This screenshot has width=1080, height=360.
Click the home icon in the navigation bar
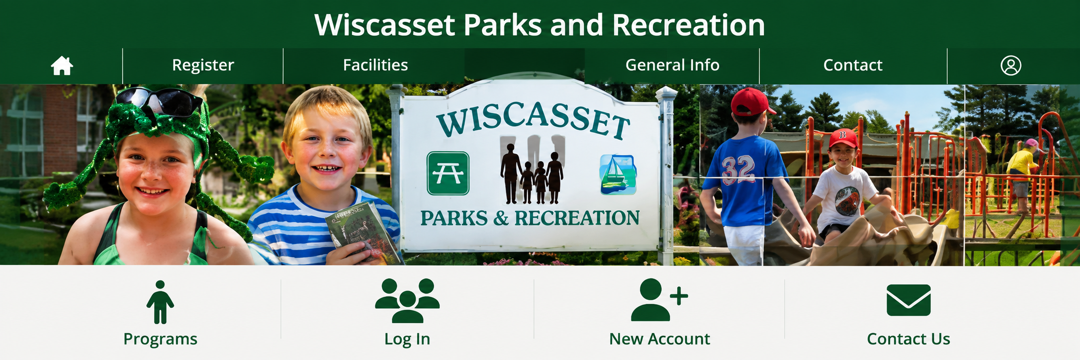[62, 65]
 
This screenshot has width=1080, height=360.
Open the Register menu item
[203, 65]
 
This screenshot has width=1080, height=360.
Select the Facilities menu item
[375, 65]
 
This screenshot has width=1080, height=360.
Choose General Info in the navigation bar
[672, 65]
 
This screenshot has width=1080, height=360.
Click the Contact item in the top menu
[853, 65]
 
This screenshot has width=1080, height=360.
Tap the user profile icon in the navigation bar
[1011, 65]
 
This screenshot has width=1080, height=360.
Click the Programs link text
[160, 339]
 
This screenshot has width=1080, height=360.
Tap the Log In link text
[407, 339]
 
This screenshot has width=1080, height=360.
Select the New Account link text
[659, 339]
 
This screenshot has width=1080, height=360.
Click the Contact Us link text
[908, 339]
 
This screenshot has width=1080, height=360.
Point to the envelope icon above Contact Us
[908, 300]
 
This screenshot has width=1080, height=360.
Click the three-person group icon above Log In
[407, 301]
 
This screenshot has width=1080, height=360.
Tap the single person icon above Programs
[160, 302]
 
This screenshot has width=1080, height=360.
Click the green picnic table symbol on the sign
[448, 173]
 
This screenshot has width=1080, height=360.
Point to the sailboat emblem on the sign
[618, 175]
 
